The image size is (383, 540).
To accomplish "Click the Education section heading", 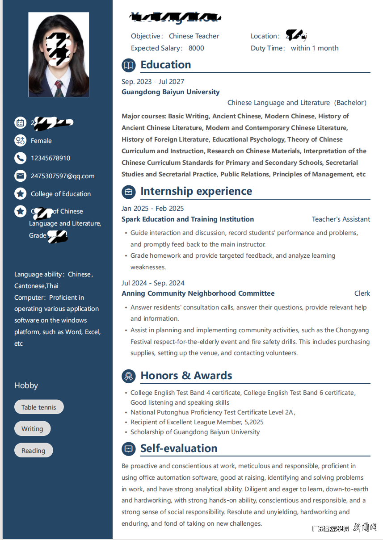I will (165, 65).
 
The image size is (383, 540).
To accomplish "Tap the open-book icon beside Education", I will (129, 65).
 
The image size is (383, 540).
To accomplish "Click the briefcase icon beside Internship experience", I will (129, 192).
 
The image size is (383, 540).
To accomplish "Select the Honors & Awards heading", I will (186, 376).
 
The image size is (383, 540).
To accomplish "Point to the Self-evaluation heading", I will (179, 448).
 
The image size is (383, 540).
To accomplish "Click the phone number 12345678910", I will (51, 158).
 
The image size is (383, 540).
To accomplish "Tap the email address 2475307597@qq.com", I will (63, 176).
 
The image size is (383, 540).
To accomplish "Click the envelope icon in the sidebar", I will (20, 176).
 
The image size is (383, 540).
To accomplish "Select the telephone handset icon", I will (20, 158).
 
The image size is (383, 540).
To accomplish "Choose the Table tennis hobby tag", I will (39, 407).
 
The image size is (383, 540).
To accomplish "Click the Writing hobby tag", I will (32, 429).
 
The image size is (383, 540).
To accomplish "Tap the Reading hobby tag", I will (34, 451).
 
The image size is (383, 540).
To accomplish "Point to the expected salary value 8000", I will (196, 48).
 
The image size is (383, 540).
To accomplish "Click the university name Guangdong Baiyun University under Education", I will (170, 92).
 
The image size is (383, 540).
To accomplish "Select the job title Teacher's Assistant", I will (341, 219).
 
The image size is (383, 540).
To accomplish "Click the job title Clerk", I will (362, 293).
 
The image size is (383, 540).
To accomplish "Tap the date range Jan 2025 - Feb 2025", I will (152, 209).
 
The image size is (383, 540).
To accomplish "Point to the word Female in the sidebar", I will (41, 141).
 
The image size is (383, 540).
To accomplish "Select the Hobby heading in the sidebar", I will (26, 385).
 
